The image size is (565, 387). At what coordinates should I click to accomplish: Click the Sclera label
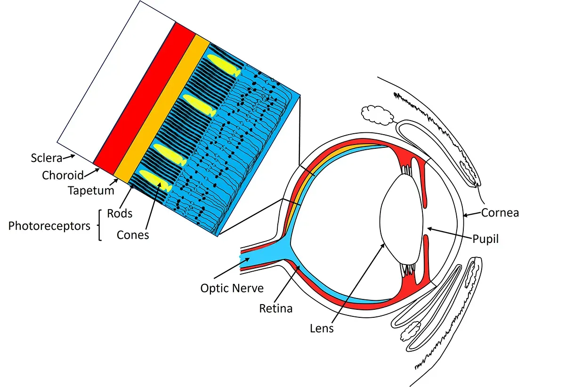coord(47,157)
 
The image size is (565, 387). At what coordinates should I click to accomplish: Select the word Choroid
coord(63,176)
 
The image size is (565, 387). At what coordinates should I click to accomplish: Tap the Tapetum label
coord(91,191)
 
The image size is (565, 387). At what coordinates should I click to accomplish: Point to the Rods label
coord(120,213)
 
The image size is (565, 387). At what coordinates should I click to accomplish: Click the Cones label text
coord(133,234)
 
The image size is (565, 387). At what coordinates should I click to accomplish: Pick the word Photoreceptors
coord(49,226)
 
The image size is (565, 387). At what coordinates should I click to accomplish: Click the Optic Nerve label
coord(232,288)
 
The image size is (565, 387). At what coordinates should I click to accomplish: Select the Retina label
coord(276,309)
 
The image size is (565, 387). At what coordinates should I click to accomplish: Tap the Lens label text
coord(322,328)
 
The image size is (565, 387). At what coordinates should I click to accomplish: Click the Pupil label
coord(485,239)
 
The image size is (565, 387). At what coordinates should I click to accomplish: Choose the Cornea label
coord(500,213)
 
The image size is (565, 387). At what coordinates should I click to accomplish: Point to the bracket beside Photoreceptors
coord(100,226)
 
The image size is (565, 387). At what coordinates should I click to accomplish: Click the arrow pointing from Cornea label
coord(471,215)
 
